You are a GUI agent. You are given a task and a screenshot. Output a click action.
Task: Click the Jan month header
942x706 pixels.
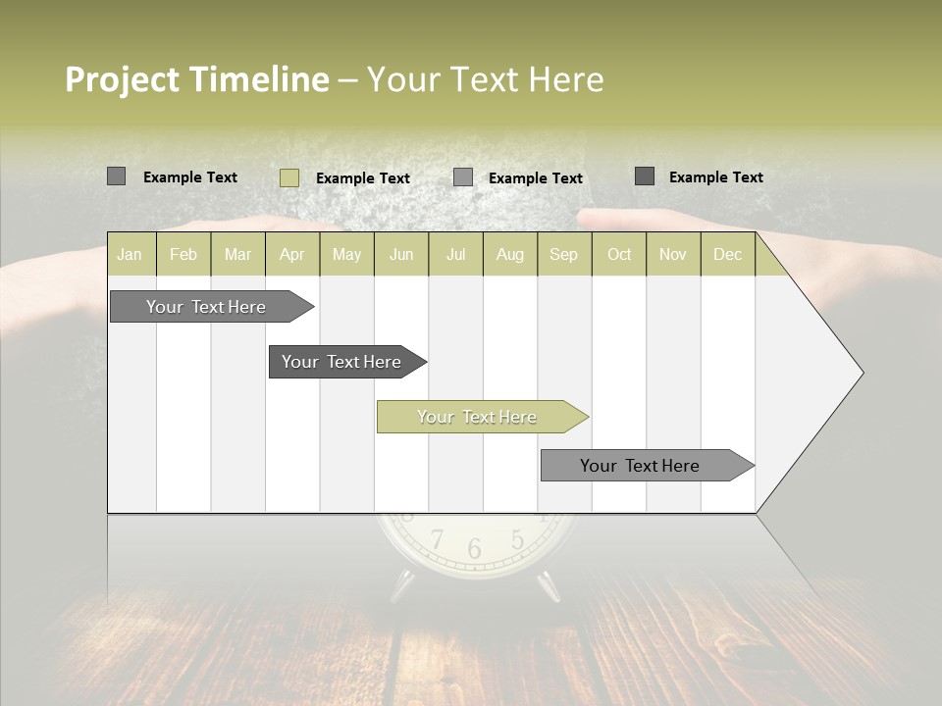click(130, 255)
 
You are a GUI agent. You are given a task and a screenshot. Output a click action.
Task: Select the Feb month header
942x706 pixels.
click(183, 255)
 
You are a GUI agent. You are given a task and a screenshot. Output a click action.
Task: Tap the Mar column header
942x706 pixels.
click(237, 255)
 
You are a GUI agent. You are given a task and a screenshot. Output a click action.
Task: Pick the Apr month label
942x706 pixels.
click(292, 255)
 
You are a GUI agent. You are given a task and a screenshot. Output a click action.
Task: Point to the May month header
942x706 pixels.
click(346, 255)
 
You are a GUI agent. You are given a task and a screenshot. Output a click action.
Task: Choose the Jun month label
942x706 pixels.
click(401, 255)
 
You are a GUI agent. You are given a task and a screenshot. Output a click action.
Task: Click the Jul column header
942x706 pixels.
click(455, 255)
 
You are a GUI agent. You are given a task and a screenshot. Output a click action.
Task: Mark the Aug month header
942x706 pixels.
click(510, 255)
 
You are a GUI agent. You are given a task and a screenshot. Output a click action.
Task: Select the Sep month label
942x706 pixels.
click(563, 255)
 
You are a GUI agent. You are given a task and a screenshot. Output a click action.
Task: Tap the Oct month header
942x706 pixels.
click(619, 255)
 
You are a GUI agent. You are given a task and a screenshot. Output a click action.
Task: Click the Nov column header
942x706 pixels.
click(673, 255)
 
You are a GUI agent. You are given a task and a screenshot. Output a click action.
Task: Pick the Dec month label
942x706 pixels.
click(727, 255)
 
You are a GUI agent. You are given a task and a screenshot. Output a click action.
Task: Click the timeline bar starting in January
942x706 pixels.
click(207, 307)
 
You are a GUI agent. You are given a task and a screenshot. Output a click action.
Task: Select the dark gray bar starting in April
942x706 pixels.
click(342, 362)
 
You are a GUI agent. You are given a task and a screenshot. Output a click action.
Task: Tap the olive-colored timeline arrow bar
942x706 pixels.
click(478, 417)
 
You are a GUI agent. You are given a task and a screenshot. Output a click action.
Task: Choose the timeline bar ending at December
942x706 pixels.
click(641, 466)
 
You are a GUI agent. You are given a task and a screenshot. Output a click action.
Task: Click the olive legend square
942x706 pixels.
click(289, 177)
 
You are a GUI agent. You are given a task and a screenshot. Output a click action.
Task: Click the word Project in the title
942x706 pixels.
click(120, 79)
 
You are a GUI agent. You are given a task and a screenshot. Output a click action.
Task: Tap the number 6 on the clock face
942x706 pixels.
click(475, 549)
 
